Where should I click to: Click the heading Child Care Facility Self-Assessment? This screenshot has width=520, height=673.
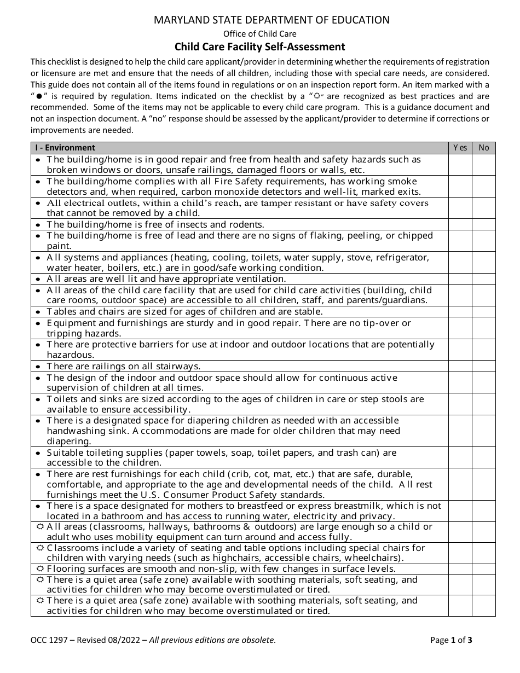tap(259, 47)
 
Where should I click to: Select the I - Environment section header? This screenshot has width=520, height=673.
tap(65, 148)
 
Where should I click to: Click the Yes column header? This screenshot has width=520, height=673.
tap(460, 148)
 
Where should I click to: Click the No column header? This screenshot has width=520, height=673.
tap(484, 148)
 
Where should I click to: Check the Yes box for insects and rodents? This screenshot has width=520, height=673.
tap(460, 224)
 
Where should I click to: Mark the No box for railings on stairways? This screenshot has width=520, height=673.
tap(484, 366)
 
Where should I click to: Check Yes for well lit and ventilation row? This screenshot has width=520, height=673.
tap(460, 279)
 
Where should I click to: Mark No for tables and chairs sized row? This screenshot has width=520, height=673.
tap(484, 311)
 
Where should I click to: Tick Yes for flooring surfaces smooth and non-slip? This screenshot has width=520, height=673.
tap(460, 568)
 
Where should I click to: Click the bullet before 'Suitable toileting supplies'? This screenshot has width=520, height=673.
tap(38, 453)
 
